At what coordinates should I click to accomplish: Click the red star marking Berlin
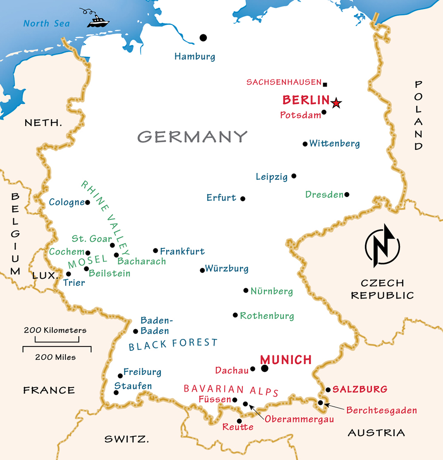336,103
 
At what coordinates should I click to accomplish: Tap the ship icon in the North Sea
98,20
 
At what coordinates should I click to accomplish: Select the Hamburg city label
194,56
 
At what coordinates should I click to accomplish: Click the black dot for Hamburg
203,38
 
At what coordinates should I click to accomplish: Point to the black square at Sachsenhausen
325,84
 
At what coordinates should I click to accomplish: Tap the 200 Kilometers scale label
55,330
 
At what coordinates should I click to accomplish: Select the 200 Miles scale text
56,357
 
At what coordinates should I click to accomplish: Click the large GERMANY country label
192,136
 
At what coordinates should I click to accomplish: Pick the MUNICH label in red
286,359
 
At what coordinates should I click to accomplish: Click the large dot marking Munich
265,368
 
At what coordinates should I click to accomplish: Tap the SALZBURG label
360,389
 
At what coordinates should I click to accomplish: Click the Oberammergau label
299,418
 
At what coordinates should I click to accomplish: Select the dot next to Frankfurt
155,251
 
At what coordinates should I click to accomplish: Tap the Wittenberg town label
334,143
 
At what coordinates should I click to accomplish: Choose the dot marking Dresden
347,194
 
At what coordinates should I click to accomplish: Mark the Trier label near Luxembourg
74,283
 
